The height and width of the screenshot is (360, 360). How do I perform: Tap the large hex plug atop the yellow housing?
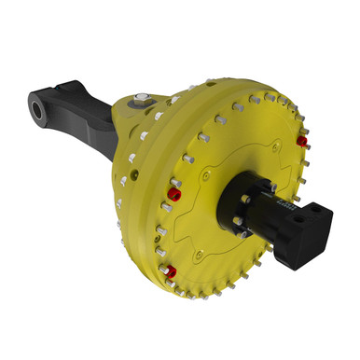[141, 99]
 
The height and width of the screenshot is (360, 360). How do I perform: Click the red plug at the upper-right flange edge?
[301, 141]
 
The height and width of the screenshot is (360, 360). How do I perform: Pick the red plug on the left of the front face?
[173, 195]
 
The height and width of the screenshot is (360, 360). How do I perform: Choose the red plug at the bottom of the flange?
[170, 271]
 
